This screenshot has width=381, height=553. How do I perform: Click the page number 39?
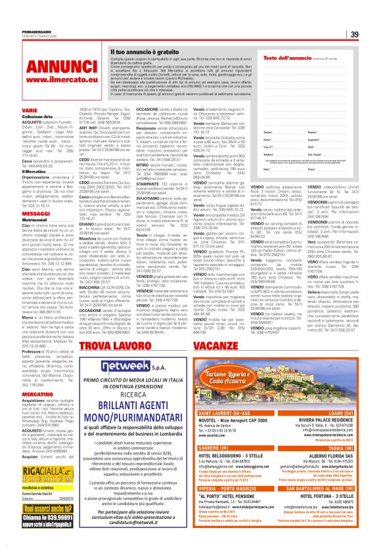pos(370,35)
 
